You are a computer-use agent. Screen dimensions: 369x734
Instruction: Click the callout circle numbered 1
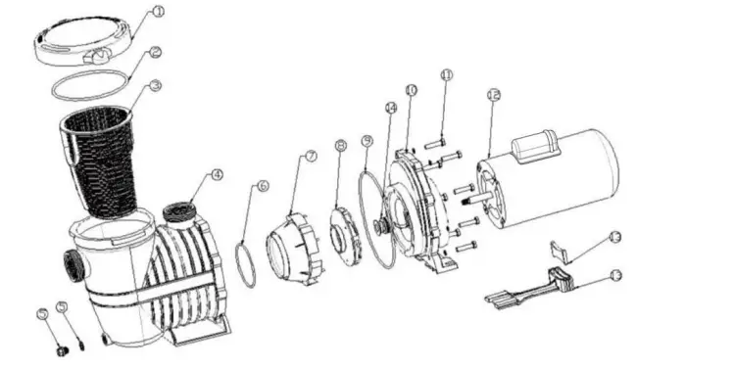pyautogui.click(x=158, y=14)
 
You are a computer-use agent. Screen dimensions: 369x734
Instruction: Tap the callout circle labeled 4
pyautogui.click(x=217, y=176)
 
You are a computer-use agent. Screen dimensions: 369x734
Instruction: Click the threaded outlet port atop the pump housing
pyautogui.click(x=178, y=212)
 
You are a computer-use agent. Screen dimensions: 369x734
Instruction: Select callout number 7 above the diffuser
pyautogui.click(x=311, y=156)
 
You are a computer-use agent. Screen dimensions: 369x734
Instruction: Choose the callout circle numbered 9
pyautogui.click(x=367, y=141)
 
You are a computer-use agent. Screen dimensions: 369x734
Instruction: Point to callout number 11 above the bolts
pyautogui.click(x=447, y=74)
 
